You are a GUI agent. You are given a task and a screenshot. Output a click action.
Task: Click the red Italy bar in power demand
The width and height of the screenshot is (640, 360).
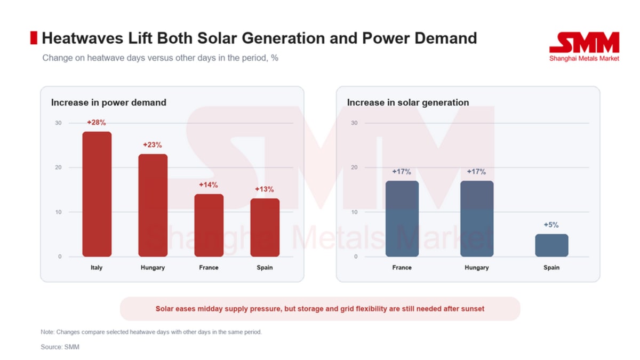(x=97, y=194)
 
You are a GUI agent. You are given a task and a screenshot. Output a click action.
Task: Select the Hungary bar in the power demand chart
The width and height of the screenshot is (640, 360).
(x=153, y=205)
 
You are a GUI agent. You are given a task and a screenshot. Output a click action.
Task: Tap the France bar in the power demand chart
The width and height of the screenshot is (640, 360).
(x=209, y=225)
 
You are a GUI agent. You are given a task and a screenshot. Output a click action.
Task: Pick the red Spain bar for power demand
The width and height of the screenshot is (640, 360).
(x=265, y=227)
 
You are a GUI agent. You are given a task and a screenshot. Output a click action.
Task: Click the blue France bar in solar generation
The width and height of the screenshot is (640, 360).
(x=402, y=219)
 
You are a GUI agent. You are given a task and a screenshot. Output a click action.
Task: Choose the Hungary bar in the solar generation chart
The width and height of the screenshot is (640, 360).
(x=477, y=219)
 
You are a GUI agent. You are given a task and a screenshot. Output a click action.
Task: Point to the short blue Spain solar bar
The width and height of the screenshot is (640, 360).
(x=551, y=245)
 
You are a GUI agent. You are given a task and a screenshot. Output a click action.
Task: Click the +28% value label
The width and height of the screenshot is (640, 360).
(x=97, y=123)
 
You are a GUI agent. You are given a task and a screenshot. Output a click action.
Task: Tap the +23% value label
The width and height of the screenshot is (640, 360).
(x=153, y=145)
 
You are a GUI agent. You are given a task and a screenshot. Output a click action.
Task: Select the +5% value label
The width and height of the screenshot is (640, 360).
(x=551, y=225)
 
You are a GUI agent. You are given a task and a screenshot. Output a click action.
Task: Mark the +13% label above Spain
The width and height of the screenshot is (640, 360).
(x=265, y=189)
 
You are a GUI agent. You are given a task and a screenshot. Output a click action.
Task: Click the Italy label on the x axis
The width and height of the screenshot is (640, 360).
(x=97, y=267)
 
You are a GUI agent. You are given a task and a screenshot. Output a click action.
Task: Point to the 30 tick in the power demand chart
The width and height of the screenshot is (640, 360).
(x=58, y=123)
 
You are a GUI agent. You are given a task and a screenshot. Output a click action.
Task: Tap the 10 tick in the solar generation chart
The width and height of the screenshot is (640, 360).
(x=354, y=212)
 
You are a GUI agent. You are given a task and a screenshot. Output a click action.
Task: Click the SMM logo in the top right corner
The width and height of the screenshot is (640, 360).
(x=584, y=46)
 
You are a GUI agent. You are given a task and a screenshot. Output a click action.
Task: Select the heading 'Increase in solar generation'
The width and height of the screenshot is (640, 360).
(x=408, y=102)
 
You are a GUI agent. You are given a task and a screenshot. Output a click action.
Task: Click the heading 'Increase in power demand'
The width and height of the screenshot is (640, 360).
(x=109, y=102)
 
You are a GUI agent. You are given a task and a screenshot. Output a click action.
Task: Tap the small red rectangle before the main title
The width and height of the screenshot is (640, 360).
(x=34, y=38)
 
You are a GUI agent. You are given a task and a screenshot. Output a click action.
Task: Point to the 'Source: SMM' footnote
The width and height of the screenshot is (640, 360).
(x=60, y=347)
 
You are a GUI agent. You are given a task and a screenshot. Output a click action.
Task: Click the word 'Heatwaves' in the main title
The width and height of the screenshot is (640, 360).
(x=83, y=38)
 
